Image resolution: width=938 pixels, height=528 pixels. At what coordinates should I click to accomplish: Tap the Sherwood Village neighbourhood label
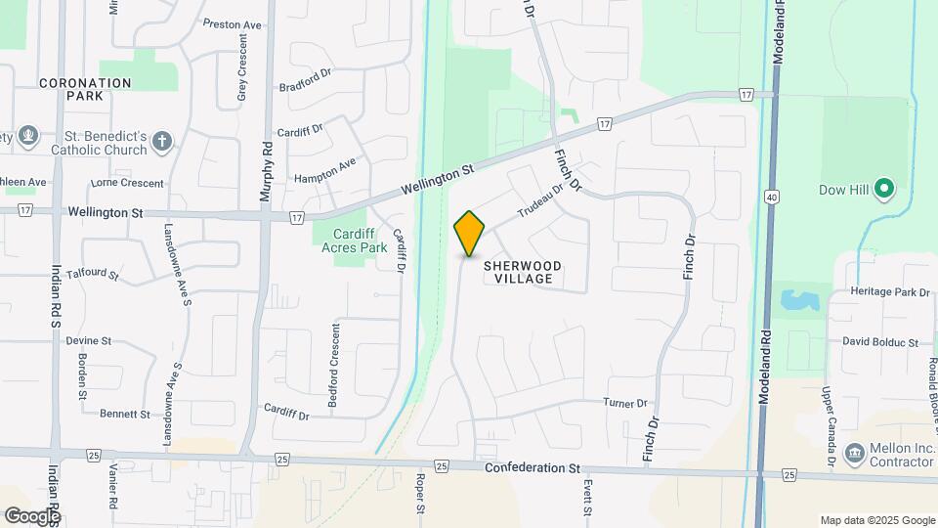522,272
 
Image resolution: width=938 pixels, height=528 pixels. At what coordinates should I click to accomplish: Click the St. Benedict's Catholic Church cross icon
163,143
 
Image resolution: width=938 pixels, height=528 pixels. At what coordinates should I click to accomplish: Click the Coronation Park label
85,90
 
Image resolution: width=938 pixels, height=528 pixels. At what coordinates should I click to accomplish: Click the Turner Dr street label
625,403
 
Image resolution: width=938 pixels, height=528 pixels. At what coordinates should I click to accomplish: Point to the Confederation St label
532,468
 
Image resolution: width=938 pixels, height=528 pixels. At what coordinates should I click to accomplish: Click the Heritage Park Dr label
890,292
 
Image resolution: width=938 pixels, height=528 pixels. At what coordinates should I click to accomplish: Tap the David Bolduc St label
881,342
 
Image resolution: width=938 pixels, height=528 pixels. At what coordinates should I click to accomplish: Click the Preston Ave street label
233,22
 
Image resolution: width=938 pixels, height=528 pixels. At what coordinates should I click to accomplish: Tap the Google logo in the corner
32,515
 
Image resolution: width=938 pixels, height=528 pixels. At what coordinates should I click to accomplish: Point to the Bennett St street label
125,414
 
